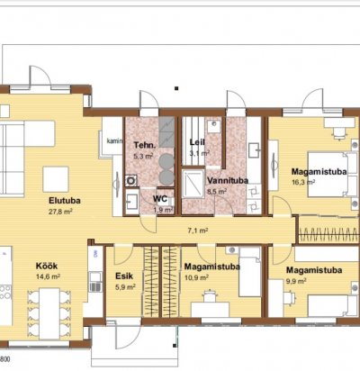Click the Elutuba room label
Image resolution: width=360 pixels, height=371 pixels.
pos(65,200)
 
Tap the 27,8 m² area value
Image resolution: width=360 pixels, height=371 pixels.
pos(60,212)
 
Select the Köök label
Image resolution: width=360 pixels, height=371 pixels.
pos(47,266)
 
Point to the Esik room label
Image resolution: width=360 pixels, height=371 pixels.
pos(124,276)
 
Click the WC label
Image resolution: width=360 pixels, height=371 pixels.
pos(160,199)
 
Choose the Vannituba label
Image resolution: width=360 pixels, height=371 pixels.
pos(228,181)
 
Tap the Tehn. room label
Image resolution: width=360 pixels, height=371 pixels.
pos(145,145)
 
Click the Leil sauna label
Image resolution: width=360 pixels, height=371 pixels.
pos(197,142)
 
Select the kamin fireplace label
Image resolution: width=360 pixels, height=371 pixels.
pos(114,140)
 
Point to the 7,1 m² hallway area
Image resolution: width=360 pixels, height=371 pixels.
pos(198,231)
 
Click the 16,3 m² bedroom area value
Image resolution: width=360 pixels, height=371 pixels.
pos(303,182)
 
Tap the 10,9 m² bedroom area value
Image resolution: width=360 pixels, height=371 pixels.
pos(196,277)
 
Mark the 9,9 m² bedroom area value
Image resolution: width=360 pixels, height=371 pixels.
pos(296,281)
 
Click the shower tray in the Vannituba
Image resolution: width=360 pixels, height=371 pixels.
pos(193,184)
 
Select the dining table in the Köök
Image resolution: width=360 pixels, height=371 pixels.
pos(49,313)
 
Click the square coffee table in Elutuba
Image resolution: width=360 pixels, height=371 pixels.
pos(56,179)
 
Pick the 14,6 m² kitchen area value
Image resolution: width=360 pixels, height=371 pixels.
pos(48,276)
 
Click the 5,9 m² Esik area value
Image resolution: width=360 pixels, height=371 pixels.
pos(125,287)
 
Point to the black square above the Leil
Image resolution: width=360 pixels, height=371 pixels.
pos(176,88)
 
